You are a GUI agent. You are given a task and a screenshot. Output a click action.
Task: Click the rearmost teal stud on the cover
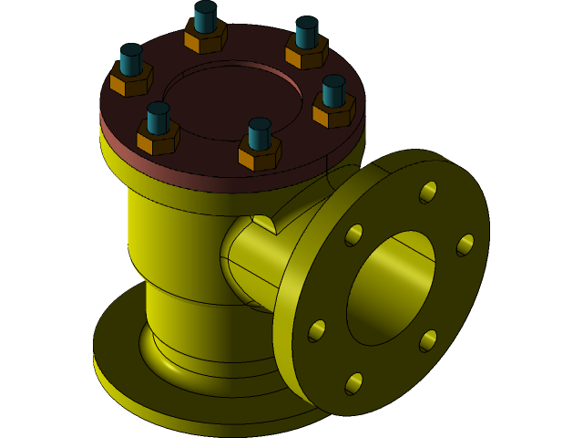tap(205, 16)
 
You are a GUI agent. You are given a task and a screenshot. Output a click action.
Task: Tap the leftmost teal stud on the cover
tap(130, 59)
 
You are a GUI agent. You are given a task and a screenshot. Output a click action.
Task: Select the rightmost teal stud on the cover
tap(333, 90)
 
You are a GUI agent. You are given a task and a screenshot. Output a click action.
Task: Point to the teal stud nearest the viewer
tap(260, 133)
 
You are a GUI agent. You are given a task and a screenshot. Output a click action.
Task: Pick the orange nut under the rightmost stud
tap(333, 111)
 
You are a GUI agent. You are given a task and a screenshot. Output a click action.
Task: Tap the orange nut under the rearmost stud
tap(205, 37)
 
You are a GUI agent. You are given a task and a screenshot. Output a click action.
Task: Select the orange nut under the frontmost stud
tap(260, 154)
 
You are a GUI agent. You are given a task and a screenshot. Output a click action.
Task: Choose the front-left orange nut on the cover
tap(158, 139)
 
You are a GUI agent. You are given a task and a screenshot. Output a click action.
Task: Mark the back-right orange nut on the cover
tap(306, 53)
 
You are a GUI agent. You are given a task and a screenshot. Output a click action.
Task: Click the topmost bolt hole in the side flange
tap(427, 192)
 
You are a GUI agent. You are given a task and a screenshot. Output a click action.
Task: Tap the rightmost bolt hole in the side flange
tap(465, 245)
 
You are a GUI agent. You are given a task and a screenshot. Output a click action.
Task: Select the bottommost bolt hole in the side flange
tap(353, 383)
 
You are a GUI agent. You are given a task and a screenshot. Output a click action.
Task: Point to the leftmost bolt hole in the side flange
tap(316, 330)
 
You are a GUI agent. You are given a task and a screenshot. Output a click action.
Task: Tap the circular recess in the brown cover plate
tap(232, 100)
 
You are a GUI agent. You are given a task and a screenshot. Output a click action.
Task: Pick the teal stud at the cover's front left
tap(158, 117)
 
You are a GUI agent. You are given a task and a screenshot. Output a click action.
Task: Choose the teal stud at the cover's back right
tap(306, 32)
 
